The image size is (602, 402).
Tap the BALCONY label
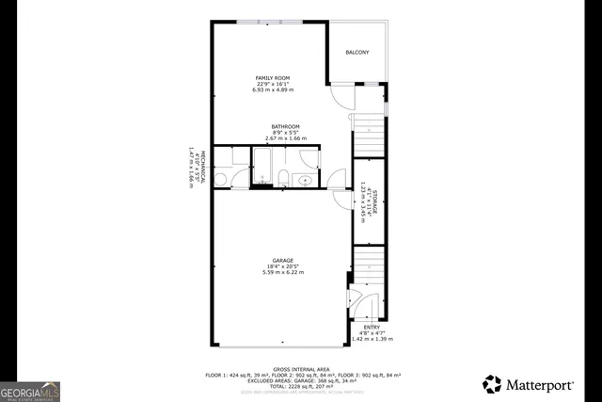(356, 52)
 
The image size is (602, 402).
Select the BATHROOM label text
(286, 126)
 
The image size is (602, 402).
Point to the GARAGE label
(283, 260)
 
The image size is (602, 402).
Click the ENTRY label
(372, 327)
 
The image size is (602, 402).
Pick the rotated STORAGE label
(374, 204)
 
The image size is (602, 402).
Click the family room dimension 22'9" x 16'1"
(273, 83)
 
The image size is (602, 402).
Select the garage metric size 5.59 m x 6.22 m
(283, 272)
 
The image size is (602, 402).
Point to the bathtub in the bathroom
(263, 166)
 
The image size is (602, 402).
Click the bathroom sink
(306, 179)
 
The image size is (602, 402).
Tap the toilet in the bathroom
(284, 177)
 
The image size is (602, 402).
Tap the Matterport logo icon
(492, 384)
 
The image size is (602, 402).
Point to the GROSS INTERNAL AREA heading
(300, 369)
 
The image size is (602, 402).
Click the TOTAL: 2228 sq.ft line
(300, 386)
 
